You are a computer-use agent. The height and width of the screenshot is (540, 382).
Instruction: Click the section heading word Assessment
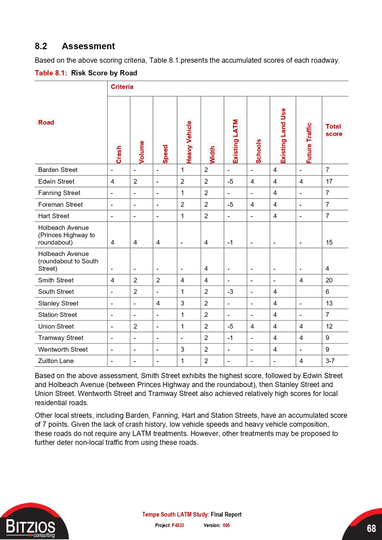[x=88, y=46]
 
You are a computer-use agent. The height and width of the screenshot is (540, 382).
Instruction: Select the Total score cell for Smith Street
[x=329, y=280]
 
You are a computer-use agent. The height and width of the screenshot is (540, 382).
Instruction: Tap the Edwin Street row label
[x=56, y=181]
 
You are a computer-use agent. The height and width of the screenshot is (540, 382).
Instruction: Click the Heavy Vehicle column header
[x=189, y=142]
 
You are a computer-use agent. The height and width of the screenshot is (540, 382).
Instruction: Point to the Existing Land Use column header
[x=283, y=136]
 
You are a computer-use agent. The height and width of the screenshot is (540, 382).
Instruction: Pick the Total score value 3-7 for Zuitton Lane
[x=330, y=361]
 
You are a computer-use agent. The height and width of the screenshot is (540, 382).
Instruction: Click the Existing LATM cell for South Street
[x=230, y=291]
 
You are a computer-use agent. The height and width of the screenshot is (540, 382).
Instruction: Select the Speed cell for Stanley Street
[x=158, y=303]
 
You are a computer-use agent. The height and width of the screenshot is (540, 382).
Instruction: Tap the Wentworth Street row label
[x=63, y=349]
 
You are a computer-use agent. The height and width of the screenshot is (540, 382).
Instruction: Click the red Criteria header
[x=122, y=87]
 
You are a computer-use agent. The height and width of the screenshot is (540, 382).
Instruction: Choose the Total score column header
[x=334, y=130]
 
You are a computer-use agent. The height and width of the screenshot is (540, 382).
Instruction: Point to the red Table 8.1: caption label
[x=51, y=73]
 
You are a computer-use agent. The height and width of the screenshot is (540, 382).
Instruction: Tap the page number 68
[x=371, y=528]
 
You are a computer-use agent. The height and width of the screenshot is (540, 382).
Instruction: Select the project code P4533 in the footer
[x=178, y=525]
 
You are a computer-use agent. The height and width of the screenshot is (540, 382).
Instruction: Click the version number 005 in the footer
[x=226, y=525]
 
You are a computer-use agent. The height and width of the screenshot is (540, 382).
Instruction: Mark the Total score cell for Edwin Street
[x=329, y=181]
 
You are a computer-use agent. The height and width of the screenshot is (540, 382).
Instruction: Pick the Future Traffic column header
[x=309, y=143]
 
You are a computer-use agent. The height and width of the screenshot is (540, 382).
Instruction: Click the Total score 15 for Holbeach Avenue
[x=329, y=242]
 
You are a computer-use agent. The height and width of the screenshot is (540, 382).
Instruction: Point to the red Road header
[x=46, y=123]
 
